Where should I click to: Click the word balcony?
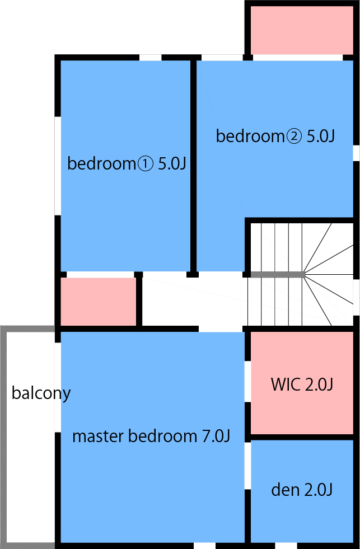(x=41, y=393)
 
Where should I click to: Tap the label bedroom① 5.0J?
(x=126, y=163)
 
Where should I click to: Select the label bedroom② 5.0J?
(x=275, y=136)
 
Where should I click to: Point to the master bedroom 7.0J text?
(x=151, y=437)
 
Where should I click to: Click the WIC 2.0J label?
(x=302, y=385)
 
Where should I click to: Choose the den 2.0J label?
(x=302, y=490)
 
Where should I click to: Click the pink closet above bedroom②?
(x=302, y=30)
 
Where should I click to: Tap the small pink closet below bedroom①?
(x=99, y=302)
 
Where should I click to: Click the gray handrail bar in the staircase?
(x=277, y=274)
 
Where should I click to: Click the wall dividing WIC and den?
(x=302, y=437)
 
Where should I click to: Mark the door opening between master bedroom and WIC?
(x=247, y=382)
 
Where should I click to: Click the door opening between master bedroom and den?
(x=247, y=466)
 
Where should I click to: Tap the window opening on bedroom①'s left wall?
(x=58, y=166)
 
